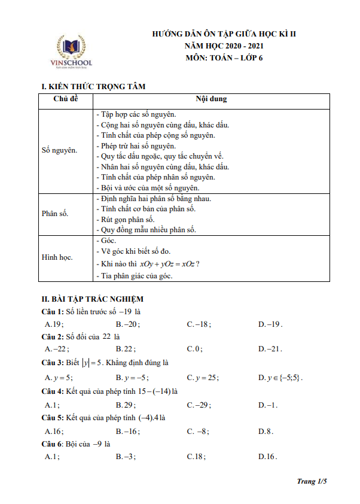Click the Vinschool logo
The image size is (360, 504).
tap(71, 52)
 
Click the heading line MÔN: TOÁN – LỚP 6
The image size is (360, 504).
tap(224, 58)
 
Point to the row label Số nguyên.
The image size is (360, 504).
tap(59, 150)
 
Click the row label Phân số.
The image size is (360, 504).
tap(55, 214)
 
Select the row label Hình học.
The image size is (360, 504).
tap(57, 257)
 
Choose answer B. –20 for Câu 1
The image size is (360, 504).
tap(127, 324)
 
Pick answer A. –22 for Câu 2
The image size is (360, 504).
tap(57, 349)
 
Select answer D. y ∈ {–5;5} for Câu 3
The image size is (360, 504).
tap(280, 378)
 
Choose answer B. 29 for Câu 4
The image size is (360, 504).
tap(126, 405)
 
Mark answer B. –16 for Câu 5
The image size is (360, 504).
tap(127, 431)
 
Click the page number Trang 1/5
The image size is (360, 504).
tap(313, 481)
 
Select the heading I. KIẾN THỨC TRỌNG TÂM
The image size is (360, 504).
tap(94, 87)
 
